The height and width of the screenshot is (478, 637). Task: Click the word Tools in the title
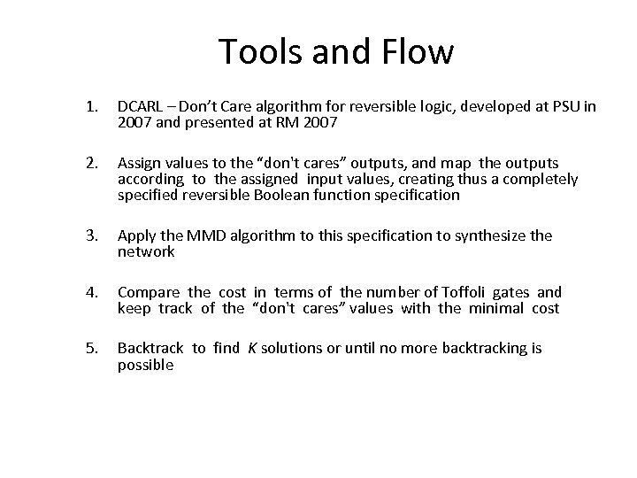257,52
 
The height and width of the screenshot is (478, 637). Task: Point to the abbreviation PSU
562,107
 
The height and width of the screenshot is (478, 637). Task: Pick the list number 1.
90,107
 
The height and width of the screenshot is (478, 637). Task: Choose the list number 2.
90,163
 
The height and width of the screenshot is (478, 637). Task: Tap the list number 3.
90,235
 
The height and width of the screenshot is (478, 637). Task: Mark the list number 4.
90,291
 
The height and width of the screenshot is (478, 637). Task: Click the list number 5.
90,348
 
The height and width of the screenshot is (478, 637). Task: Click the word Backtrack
151,348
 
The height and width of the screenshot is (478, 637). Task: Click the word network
146,251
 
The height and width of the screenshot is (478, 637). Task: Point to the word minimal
498,308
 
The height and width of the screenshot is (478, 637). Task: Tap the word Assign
139,163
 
